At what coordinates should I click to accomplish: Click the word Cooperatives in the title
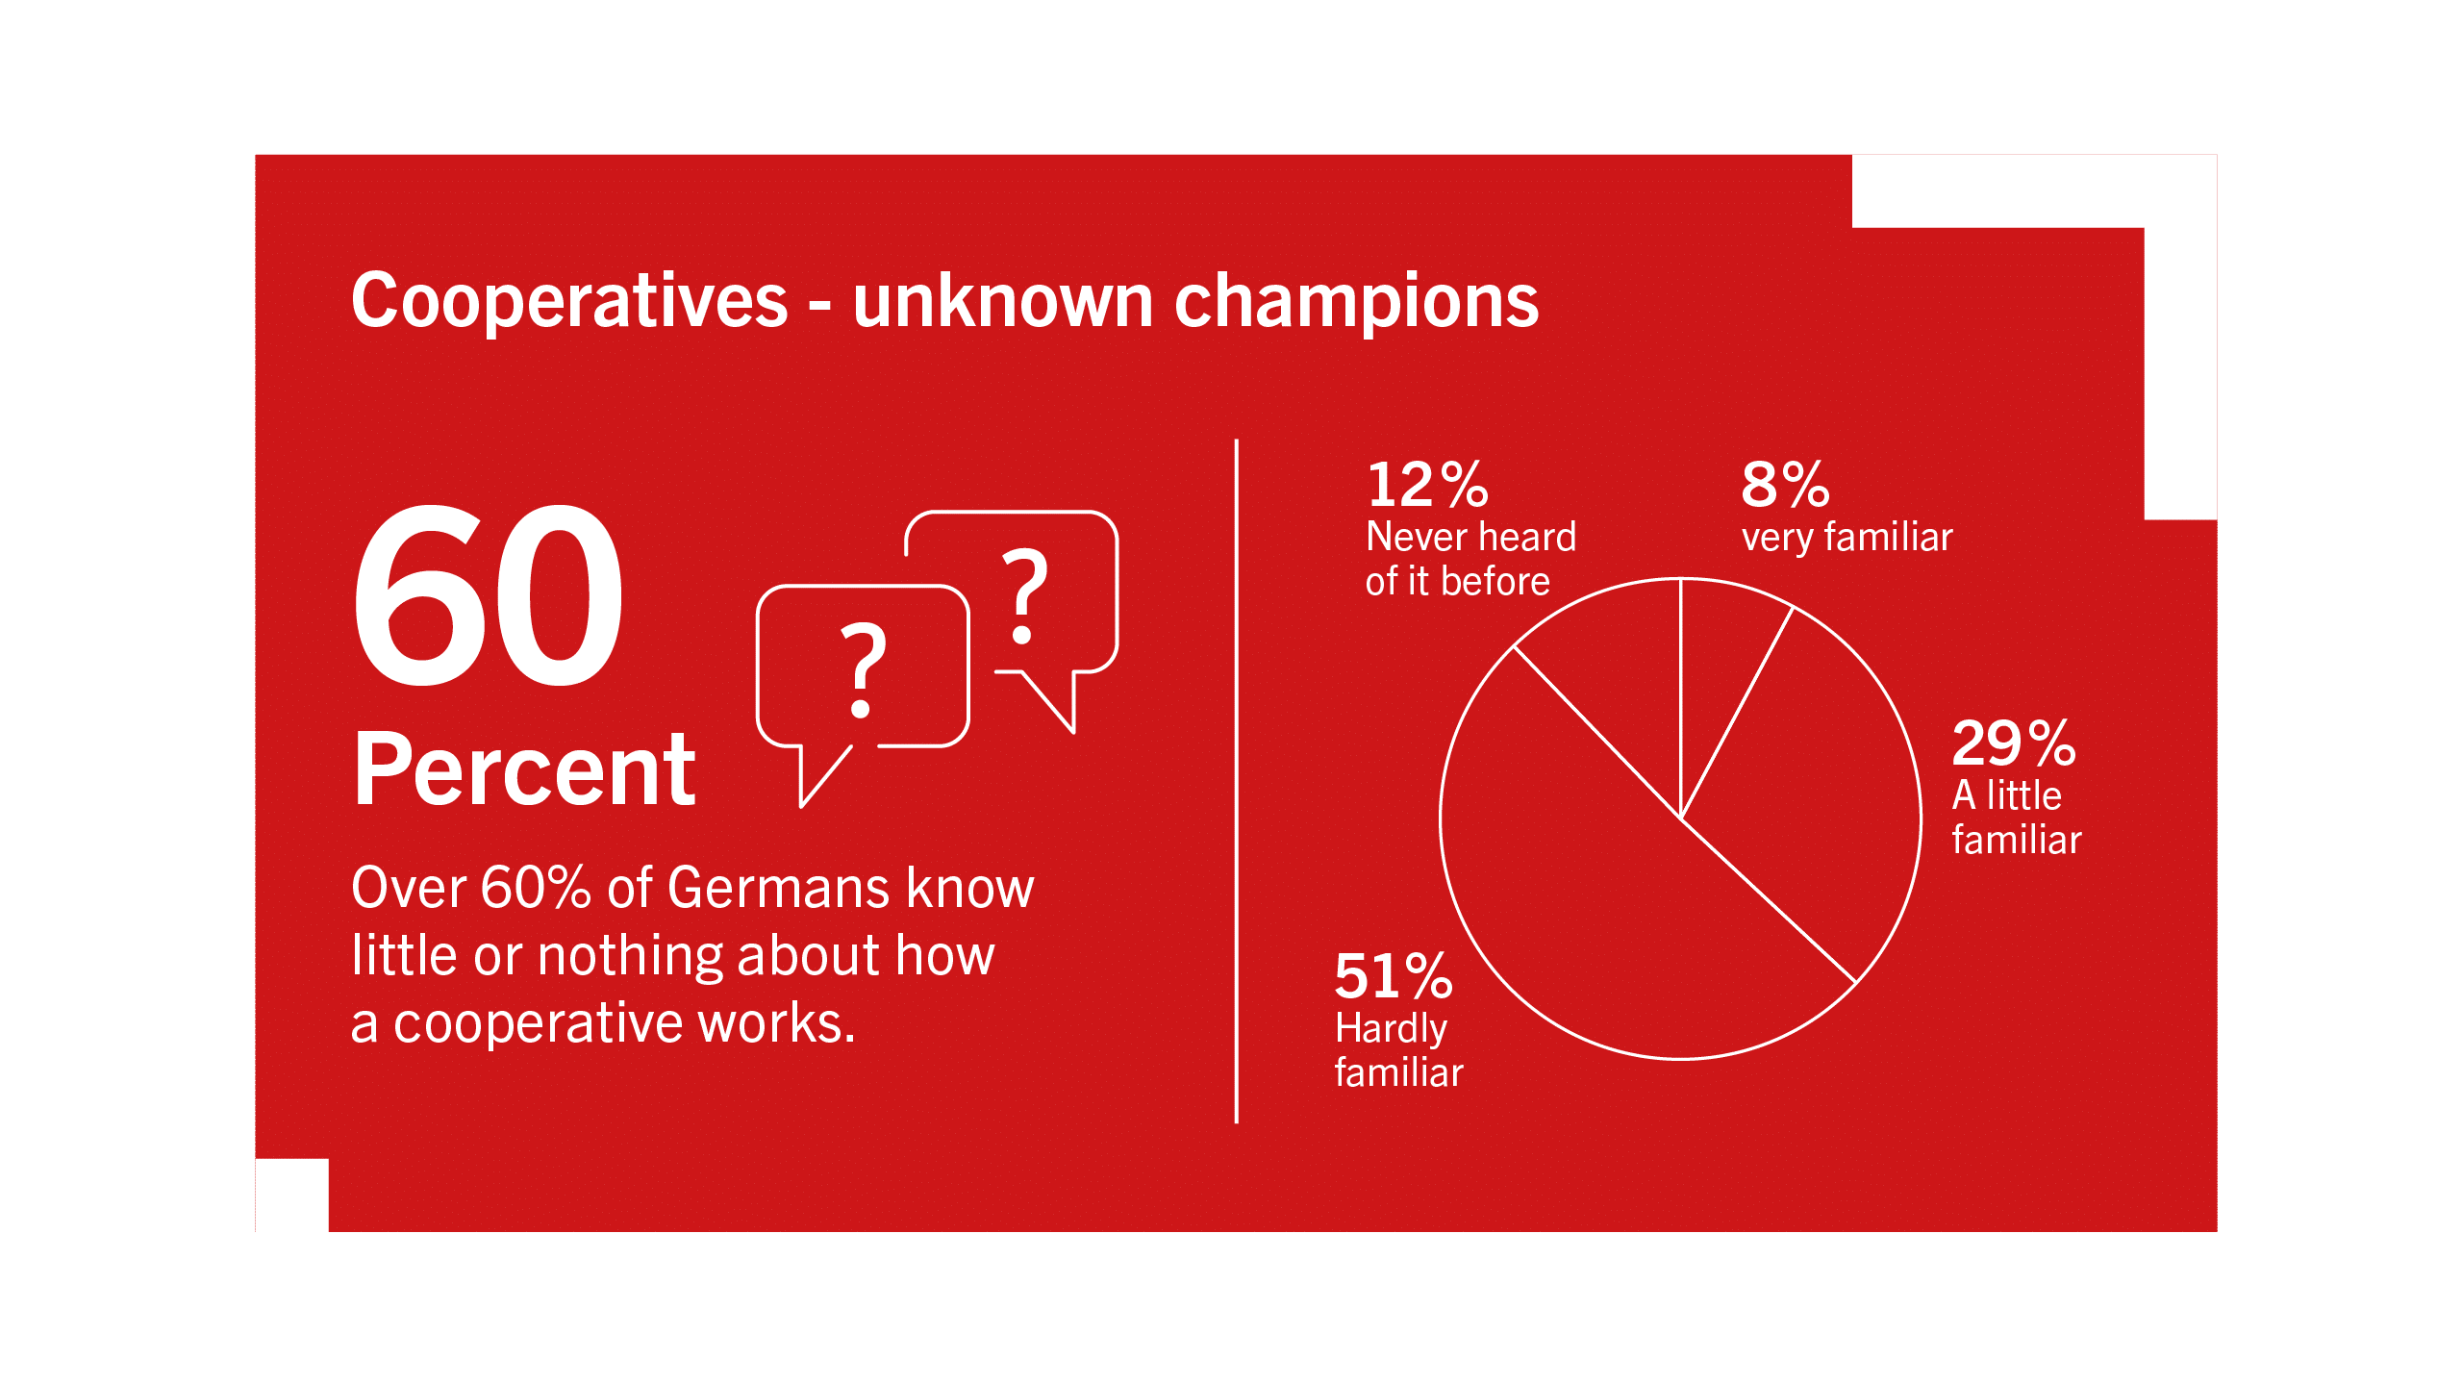[x=569, y=302]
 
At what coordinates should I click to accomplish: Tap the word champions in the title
[x=1357, y=302]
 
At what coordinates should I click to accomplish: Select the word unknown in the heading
[x=1003, y=300]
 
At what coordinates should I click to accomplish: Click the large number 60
[x=489, y=595]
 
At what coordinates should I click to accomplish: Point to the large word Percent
[x=524, y=768]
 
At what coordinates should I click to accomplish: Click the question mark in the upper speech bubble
[x=1024, y=596]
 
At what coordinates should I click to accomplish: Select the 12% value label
[x=1428, y=484]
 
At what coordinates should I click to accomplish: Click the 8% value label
[x=1785, y=484]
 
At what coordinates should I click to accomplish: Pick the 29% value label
[x=2014, y=743]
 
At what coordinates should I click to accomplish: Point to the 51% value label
[x=1394, y=975]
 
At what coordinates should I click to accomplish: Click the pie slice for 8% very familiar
[x=1721, y=673]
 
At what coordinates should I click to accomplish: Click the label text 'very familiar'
[x=1846, y=538]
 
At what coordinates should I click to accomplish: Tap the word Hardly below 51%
[x=1391, y=1030]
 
